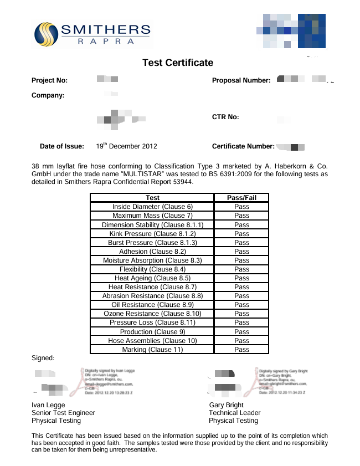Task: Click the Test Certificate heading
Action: coord(178,63)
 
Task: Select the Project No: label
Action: coord(49,80)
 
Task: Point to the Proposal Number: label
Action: coord(241,80)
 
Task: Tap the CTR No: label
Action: coord(225,117)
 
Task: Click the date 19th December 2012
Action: coord(126,146)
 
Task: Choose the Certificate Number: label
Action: coord(243,147)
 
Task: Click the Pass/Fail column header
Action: coord(241,198)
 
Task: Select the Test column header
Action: coord(152,198)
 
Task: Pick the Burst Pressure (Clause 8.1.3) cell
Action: coord(152,243)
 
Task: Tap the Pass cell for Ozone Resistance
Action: coord(241,314)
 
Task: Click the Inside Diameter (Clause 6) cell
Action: coord(152,207)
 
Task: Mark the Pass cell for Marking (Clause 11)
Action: coord(241,350)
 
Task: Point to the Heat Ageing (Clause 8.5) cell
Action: coord(152,278)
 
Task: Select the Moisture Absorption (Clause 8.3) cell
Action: coord(152,260)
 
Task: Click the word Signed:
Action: coord(43,358)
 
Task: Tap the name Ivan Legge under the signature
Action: coord(48,405)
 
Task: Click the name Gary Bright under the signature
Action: coord(226,405)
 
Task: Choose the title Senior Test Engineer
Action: coord(63,413)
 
